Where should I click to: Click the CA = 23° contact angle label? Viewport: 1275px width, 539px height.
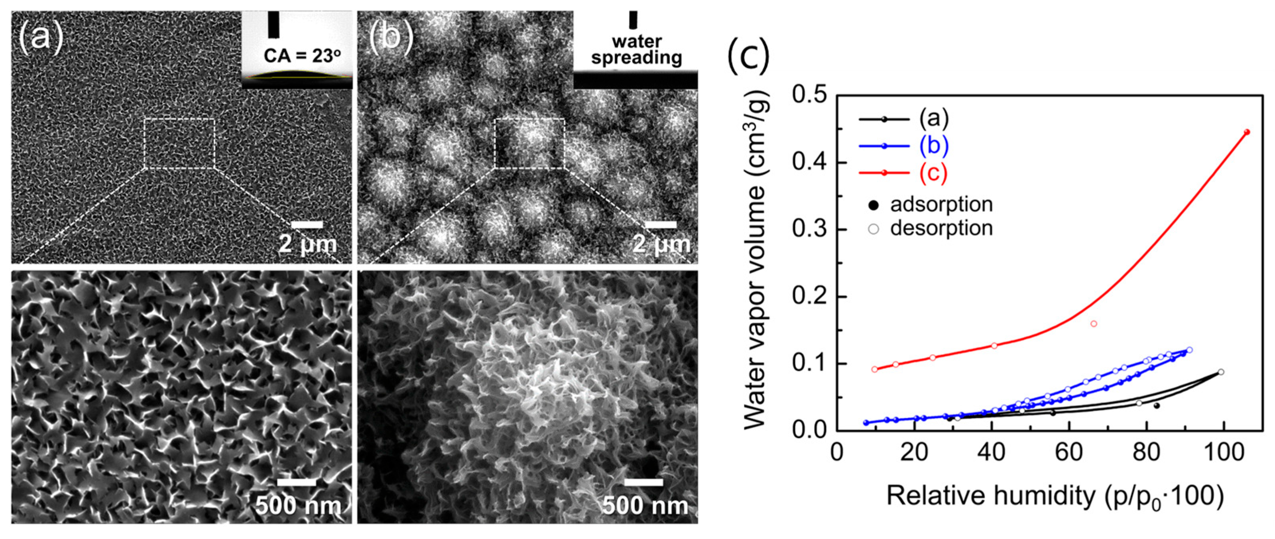click(302, 55)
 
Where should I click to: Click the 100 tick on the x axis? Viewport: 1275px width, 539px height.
click(1224, 452)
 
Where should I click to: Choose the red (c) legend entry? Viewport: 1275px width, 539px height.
click(933, 172)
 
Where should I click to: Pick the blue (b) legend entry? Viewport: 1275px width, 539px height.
click(933, 146)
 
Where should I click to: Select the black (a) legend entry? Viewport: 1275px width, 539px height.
click(933, 119)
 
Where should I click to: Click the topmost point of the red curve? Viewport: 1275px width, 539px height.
click(1247, 132)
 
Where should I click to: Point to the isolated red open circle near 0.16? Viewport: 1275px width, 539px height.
click(1094, 324)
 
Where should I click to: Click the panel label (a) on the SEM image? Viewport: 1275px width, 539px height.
click(41, 37)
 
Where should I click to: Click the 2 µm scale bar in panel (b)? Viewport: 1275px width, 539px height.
click(661, 225)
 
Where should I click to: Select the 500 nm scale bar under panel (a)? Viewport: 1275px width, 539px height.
click(297, 482)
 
